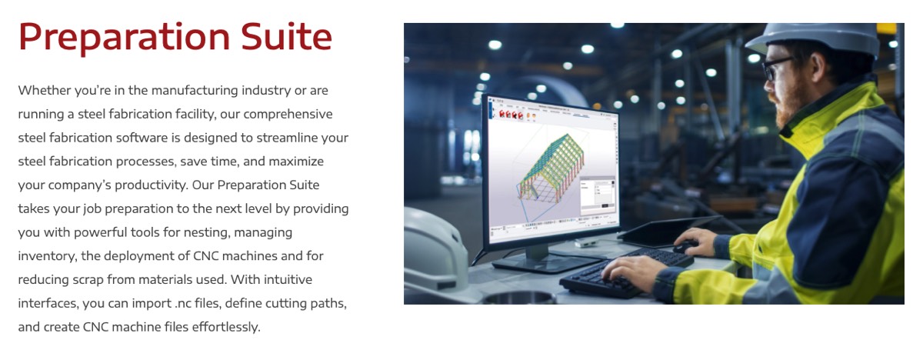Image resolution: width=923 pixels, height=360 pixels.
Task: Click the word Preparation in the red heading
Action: point(124,38)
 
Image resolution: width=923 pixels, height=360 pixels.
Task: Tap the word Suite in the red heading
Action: point(286,36)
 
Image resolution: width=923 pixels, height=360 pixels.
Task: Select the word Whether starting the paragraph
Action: point(45,90)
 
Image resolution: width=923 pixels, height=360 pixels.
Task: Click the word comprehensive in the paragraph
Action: point(288,115)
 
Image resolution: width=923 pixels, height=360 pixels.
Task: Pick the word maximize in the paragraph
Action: point(296,162)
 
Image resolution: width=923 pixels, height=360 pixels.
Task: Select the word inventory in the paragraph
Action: point(47,257)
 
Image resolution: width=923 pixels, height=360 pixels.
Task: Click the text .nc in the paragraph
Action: point(182,304)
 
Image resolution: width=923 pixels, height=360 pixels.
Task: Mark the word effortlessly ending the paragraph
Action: point(226,327)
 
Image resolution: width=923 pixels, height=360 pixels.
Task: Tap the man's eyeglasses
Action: point(775,68)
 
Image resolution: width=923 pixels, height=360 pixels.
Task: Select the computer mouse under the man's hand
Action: point(685,247)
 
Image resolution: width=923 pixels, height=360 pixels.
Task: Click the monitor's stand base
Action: point(548,262)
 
